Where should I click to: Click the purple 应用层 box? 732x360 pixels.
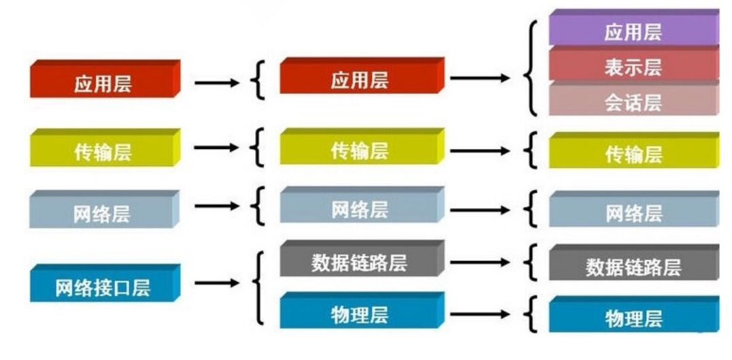[633, 31]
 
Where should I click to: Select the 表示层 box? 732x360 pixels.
[633, 67]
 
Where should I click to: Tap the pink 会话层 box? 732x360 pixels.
[633, 103]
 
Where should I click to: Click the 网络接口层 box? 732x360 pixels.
[103, 287]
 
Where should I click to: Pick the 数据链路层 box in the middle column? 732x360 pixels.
[360, 263]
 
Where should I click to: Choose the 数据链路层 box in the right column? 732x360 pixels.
[633, 266]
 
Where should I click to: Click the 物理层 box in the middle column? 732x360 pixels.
[360, 314]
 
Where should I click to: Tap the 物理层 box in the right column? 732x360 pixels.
[633, 318]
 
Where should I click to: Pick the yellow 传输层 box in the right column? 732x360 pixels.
[633, 154]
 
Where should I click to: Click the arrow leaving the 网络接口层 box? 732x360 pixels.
[216, 283]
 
